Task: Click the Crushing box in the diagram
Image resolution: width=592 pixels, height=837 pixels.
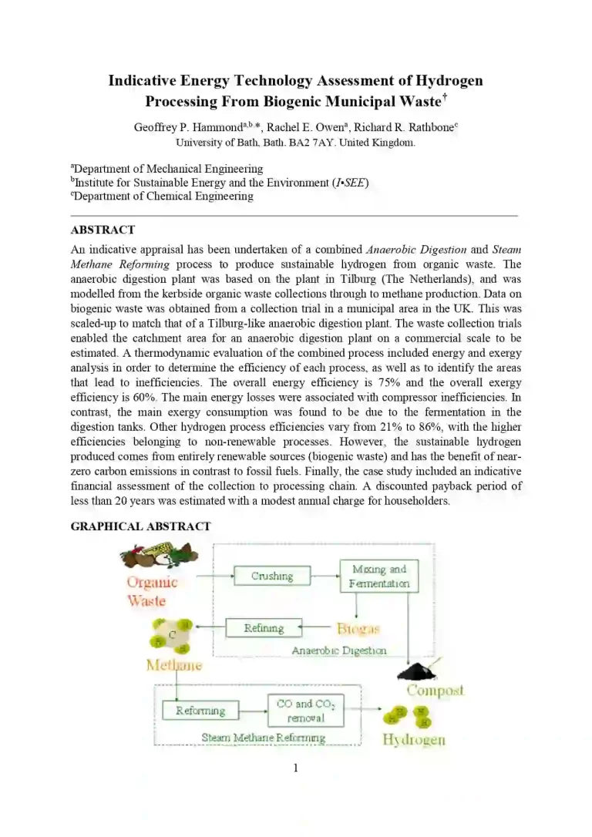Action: [272, 576]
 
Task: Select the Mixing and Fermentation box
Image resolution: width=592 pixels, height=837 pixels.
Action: [378, 576]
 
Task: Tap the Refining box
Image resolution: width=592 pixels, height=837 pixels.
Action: [264, 628]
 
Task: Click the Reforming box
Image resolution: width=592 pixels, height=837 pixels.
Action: [200, 710]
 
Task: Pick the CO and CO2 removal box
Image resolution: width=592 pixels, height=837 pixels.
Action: [305, 711]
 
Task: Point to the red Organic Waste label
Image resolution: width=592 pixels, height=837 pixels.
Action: [152, 591]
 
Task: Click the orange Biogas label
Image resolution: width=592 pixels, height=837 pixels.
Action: [358, 629]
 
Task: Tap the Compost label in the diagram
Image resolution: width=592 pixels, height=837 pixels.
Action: [436, 690]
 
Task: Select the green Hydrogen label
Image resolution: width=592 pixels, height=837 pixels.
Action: [414, 740]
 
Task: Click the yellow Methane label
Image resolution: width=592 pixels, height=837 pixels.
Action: [174, 665]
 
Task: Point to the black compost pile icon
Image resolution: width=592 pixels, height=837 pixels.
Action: [418, 672]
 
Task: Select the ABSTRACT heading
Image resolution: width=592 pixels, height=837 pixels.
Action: [103, 230]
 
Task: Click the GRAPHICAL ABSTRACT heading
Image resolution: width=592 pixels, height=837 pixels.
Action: [140, 526]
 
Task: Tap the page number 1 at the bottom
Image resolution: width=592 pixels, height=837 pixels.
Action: [295, 768]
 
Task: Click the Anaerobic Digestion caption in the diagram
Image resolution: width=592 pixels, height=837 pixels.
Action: [339, 650]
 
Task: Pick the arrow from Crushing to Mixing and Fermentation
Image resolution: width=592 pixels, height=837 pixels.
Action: [325, 576]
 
